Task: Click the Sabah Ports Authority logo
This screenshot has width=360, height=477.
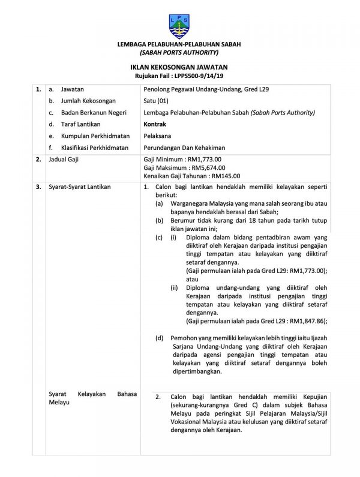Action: [x=179, y=22]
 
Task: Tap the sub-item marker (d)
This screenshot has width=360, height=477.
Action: [x=159, y=338]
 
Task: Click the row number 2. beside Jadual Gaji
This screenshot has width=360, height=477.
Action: [x=38, y=160]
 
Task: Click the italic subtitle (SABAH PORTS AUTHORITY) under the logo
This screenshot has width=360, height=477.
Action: [x=179, y=53]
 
